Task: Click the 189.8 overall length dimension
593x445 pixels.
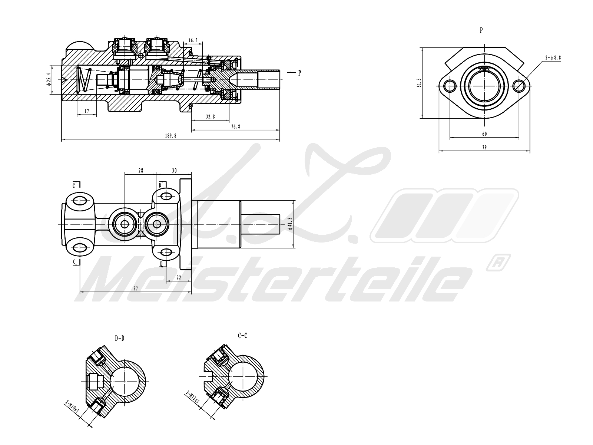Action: click(170, 136)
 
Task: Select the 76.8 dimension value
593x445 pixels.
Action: click(236, 126)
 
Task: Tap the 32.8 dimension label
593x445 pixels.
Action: click(210, 116)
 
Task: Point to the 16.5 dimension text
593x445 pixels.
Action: click(193, 40)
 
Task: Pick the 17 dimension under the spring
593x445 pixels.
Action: click(87, 111)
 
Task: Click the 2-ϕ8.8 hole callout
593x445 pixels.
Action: click(553, 57)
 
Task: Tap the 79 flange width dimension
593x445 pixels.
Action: click(484, 147)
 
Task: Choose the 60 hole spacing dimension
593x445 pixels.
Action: click(484, 134)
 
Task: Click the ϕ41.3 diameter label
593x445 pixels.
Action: click(290, 224)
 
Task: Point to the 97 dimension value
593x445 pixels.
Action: click(136, 289)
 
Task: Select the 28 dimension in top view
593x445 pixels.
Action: click(141, 171)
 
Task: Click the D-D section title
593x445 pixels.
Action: click(119, 338)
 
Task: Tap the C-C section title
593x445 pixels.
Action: click(242, 336)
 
